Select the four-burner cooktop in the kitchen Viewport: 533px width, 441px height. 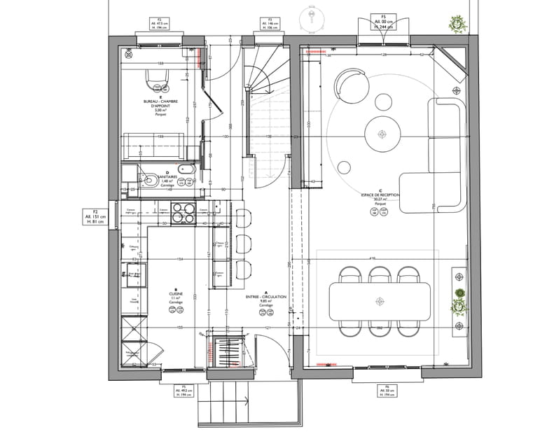click(x=184, y=213)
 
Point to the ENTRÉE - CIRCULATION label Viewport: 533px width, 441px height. click(x=265, y=300)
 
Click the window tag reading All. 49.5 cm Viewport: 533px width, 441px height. click(x=184, y=390)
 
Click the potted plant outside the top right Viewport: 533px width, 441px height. click(x=458, y=22)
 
